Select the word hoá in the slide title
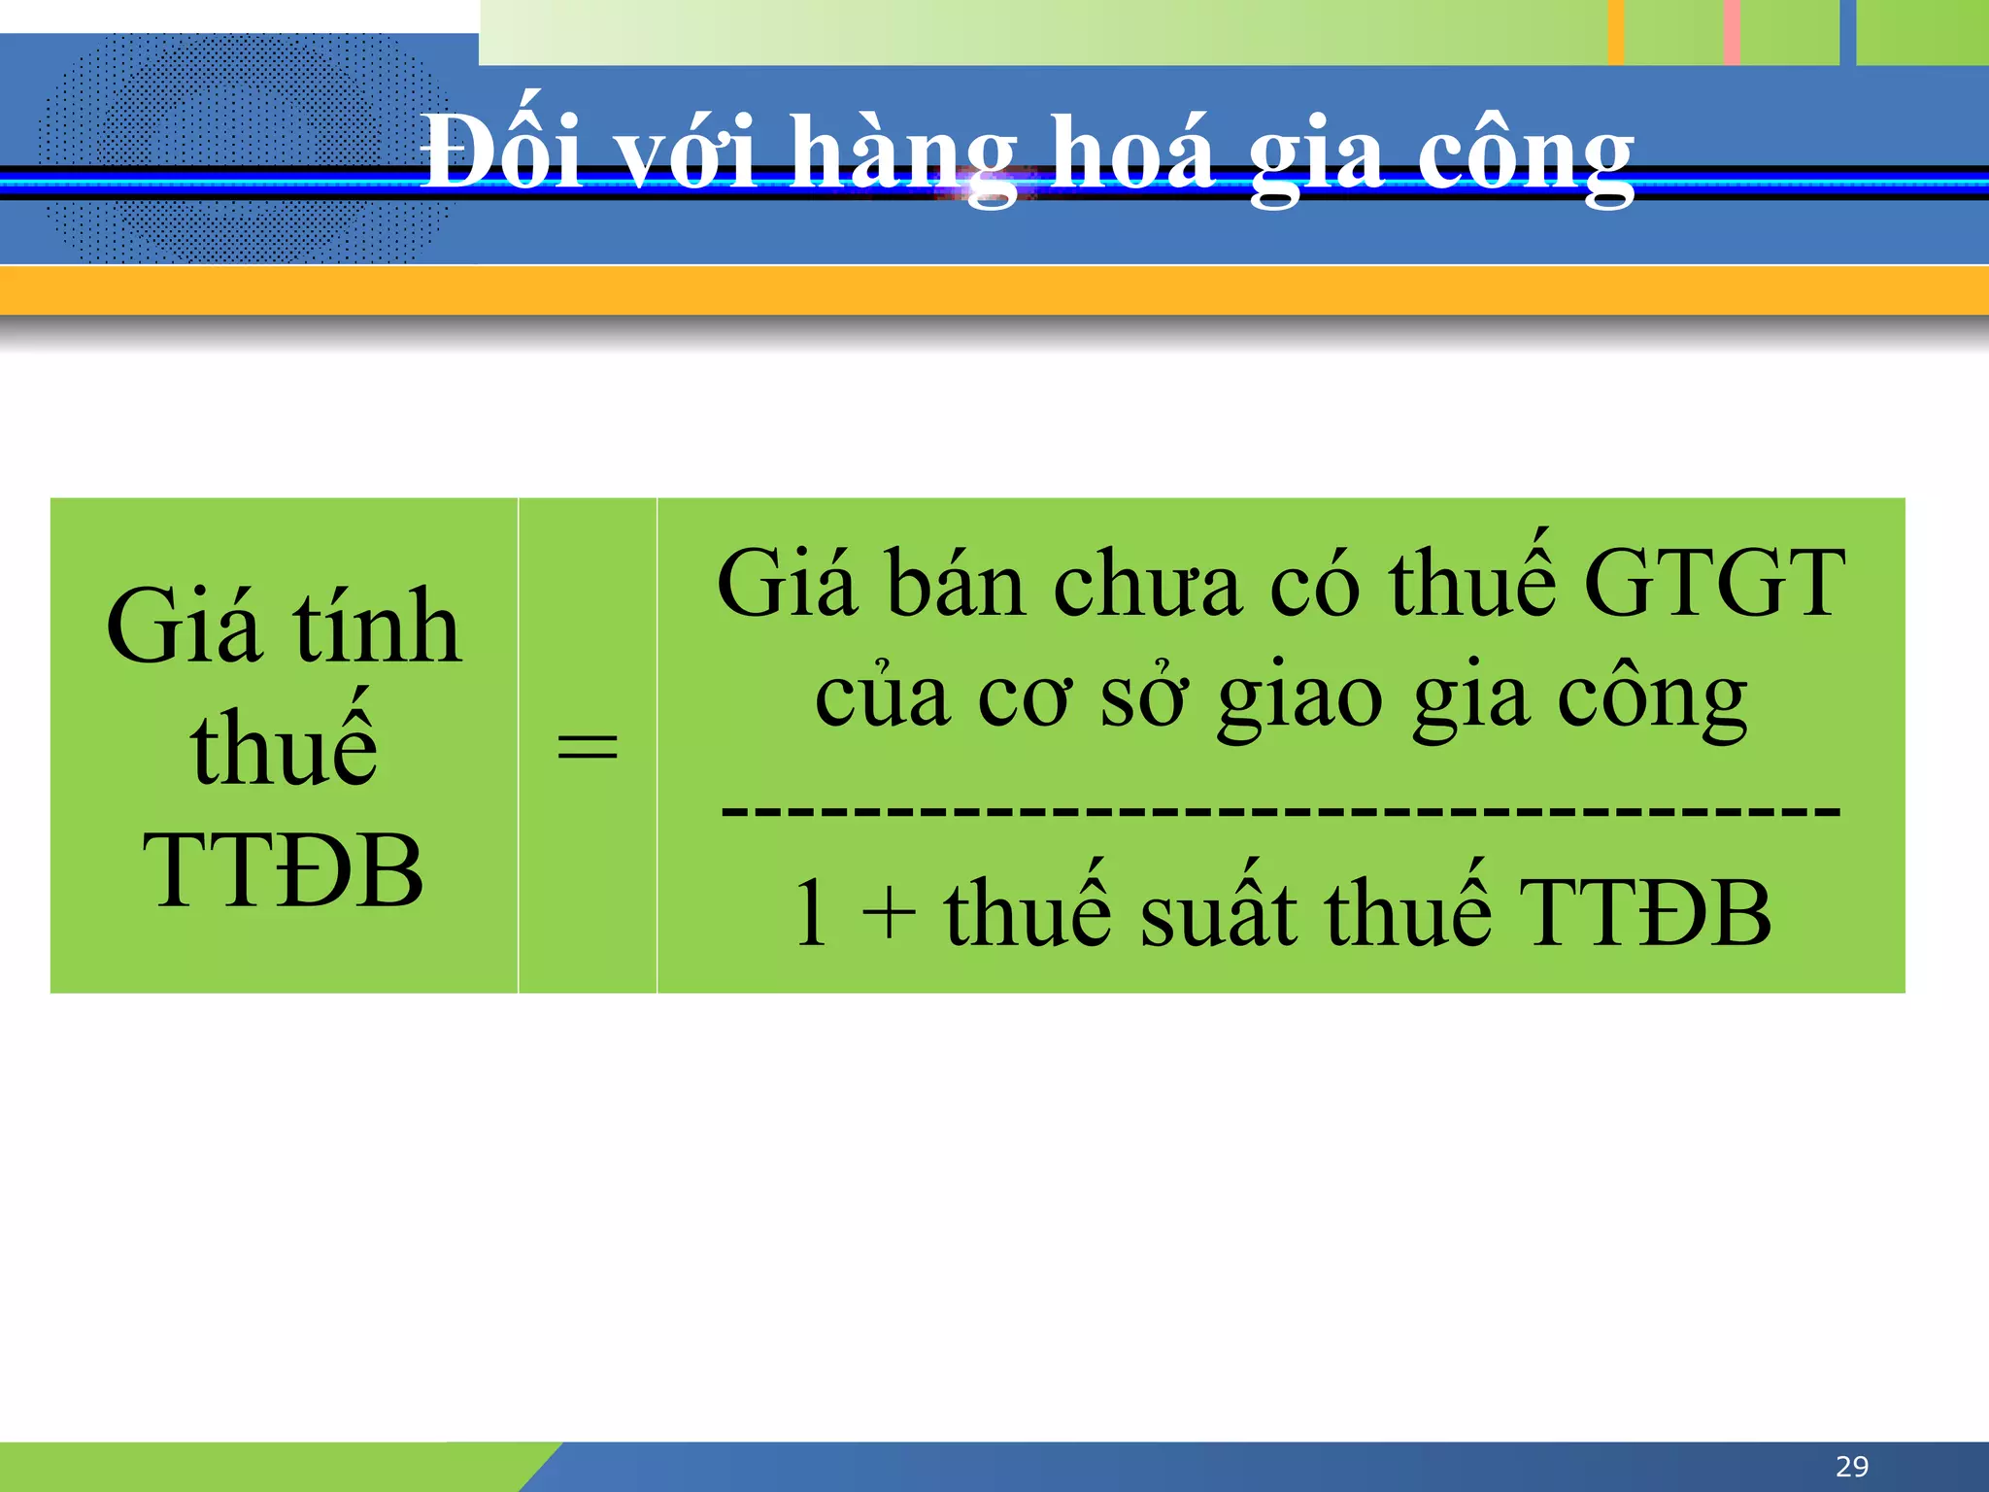point(1133,153)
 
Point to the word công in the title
point(1526,155)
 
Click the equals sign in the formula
point(588,746)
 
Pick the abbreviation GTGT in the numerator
point(1714,583)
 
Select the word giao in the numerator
point(1300,699)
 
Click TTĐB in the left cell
point(283,870)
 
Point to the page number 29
point(1852,1466)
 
